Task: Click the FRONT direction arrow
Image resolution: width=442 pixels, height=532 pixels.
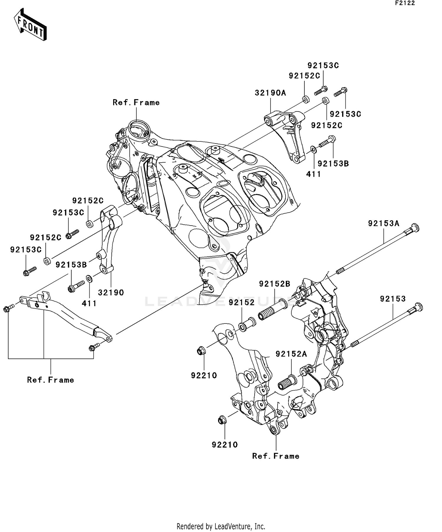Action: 30,25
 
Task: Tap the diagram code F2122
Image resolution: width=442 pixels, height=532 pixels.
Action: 405,3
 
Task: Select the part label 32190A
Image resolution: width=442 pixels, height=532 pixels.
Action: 270,93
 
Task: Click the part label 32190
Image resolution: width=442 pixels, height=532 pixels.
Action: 111,293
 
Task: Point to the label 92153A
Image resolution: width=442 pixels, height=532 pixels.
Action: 383,224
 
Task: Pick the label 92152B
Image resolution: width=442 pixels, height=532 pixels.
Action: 275,284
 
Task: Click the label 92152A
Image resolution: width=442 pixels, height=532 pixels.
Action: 291,354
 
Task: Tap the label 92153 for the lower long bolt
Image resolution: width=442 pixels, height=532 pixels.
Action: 393,299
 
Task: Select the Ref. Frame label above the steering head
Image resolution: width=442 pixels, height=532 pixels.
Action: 136,103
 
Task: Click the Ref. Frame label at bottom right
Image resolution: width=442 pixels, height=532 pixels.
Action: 276,456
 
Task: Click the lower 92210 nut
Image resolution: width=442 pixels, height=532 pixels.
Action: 222,420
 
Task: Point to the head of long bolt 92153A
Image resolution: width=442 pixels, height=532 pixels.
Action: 414,228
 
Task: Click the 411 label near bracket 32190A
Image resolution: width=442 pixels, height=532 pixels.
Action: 314,174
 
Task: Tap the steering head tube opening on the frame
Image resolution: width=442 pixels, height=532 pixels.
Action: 138,129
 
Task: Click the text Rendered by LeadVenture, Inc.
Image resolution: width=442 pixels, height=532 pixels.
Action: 221,526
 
